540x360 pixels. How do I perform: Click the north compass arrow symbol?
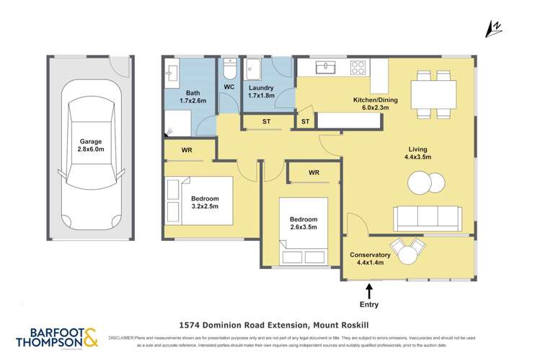(495, 28)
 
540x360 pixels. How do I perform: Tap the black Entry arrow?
(370, 291)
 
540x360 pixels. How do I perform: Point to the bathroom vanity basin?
(172, 72)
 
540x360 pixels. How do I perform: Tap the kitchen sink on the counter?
(326, 67)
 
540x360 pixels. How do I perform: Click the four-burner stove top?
(358, 67)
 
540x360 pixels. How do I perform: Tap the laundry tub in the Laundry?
(254, 69)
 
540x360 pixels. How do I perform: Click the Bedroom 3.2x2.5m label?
(209, 203)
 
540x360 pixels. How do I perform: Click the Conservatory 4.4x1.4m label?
(370, 259)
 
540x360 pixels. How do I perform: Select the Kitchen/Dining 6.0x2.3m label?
(371, 104)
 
